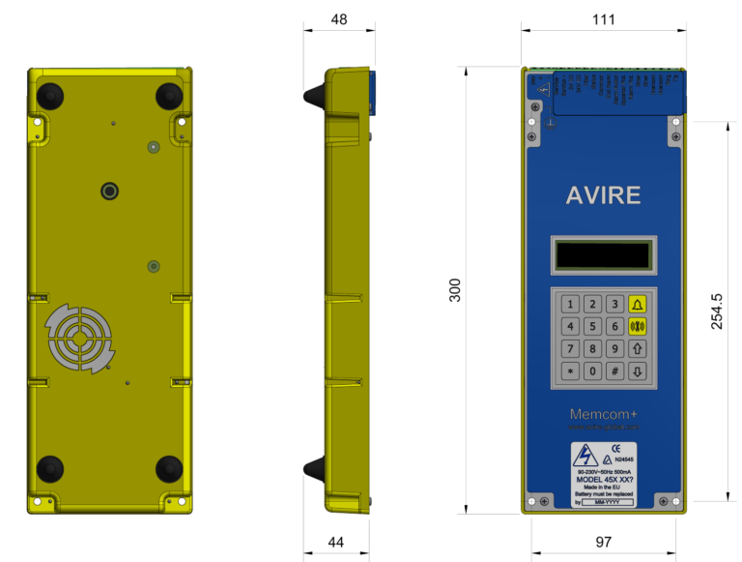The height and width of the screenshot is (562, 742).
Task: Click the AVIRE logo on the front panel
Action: click(602, 195)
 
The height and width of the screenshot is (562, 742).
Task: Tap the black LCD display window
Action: click(602, 255)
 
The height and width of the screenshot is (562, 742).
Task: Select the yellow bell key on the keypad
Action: click(637, 304)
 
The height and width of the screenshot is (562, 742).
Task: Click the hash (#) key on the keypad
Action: click(614, 370)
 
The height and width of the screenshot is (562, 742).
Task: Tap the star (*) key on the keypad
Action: click(570, 370)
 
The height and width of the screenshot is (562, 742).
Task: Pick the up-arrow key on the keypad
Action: click(637, 348)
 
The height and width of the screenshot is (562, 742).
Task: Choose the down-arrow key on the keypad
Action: click(637, 370)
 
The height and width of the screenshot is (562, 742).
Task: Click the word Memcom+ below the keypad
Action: click(602, 414)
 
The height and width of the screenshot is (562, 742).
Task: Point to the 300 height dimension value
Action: click(454, 290)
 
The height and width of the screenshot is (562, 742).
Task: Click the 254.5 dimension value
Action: click(717, 311)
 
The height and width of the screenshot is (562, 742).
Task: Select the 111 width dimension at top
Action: click(603, 19)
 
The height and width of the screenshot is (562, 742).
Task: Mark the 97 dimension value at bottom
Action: click(603, 543)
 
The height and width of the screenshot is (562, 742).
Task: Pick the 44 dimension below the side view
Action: click(335, 543)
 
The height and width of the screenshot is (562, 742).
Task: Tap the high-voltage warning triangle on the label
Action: click(585, 458)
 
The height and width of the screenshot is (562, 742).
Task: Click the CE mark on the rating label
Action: click(615, 448)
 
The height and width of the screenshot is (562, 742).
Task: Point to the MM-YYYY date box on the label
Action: click(607, 502)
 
